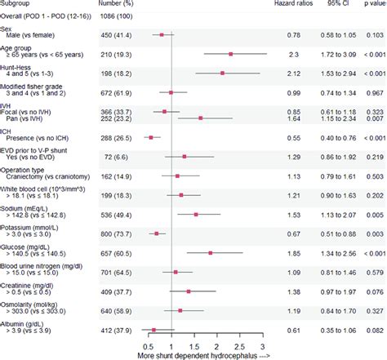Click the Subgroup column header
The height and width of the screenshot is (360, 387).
pos(20,4)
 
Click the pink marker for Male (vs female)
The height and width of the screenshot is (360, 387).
pos(162,34)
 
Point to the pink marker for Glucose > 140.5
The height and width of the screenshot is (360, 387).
pos(211,253)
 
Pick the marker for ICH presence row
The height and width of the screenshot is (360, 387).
pos(150,138)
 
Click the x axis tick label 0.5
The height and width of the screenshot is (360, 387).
pos(145,345)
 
